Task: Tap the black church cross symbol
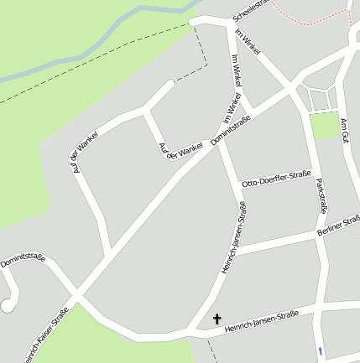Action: click(218, 319)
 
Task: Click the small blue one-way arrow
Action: click(320, 350)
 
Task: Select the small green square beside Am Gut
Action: click(323, 127)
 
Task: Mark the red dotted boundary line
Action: click(310, 15)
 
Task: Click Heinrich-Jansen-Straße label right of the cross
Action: click(262, 322)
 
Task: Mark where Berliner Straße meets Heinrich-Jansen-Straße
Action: click(237, 249)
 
